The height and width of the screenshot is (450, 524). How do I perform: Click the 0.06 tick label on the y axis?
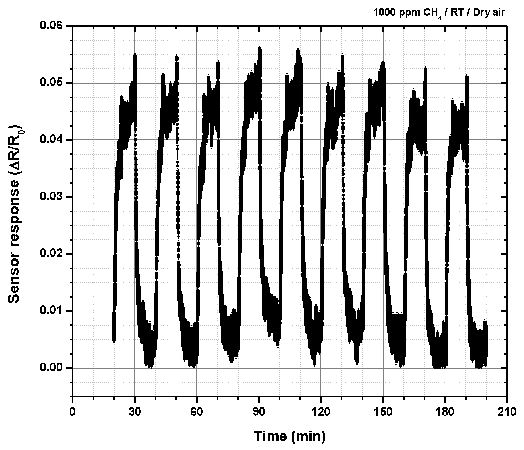pos(52,26)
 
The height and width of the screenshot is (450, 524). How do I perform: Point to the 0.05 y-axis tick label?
pos(52,83)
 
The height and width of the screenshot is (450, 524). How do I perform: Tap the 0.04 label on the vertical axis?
pos(52,140)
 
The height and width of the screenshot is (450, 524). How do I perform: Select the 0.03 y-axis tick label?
pos(52,197)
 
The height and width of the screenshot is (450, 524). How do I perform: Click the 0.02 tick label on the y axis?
pos(52,254)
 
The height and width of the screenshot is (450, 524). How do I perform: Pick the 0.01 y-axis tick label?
pos(52,311)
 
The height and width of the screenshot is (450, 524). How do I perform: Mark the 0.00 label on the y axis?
pos(52,368)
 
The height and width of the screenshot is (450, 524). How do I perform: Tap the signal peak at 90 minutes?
pos(259,48)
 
